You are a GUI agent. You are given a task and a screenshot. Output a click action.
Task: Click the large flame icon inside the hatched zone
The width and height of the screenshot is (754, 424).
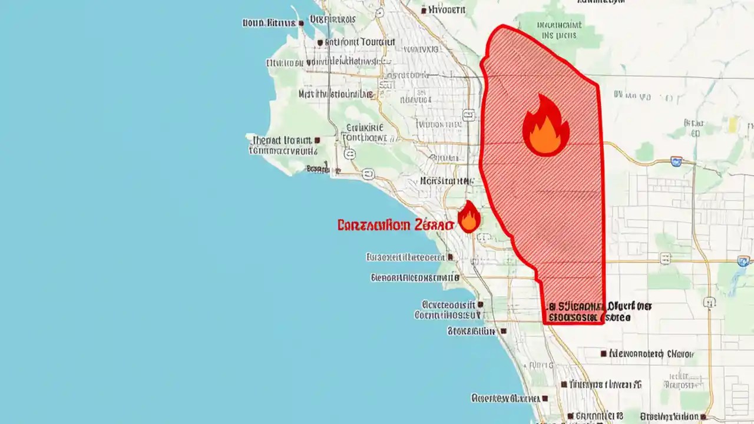(545, 126)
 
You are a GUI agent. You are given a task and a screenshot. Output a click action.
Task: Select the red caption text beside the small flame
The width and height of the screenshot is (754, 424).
(396, 225)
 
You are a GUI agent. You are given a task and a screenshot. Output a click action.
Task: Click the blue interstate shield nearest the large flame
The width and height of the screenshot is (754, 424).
(676, 161)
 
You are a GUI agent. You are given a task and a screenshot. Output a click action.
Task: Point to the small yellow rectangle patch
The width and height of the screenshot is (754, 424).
(733, 124)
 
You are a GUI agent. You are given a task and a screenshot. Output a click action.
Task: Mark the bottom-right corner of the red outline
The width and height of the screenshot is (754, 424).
(603, 322)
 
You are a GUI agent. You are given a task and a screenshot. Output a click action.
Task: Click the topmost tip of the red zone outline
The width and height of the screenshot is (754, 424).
(502, 26)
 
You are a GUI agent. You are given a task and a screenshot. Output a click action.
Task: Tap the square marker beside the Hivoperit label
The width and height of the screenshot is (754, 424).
(424, 10)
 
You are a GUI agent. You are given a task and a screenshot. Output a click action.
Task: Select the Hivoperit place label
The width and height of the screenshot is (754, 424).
(447, 10)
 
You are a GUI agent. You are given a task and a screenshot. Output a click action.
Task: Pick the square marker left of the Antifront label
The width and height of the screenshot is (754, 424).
(320, 42)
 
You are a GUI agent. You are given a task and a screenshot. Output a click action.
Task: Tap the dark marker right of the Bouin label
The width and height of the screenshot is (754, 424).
(301, 23)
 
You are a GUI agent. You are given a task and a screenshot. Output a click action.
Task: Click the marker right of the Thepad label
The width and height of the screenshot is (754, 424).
(317, 141)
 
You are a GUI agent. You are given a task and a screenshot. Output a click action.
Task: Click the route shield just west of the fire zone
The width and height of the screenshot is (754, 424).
(468, 115)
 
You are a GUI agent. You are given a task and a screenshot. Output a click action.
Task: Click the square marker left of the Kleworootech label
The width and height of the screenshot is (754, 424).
(603, 354)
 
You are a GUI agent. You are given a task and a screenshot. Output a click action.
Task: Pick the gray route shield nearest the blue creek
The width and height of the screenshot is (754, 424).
(743, 260)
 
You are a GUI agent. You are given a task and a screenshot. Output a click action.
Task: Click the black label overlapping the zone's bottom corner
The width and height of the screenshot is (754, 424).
(589, 312)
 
